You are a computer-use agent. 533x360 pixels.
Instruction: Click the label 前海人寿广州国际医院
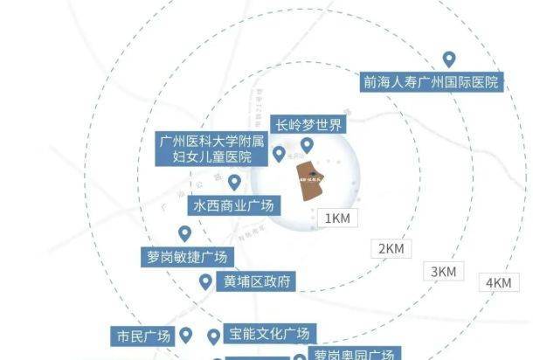431,83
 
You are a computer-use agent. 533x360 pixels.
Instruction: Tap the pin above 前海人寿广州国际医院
449,59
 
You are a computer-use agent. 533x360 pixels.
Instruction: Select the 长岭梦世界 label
307,125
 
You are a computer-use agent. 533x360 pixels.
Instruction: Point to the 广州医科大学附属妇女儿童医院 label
211,149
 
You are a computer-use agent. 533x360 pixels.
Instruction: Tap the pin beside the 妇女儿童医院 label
279,155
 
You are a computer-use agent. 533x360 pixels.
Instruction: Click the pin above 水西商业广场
234,183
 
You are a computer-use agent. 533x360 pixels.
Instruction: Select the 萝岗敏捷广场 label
189,257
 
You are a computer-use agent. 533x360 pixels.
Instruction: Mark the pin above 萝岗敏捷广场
184,233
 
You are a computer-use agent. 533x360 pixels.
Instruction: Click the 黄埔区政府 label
258,281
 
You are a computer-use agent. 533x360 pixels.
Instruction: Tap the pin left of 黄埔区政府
205,281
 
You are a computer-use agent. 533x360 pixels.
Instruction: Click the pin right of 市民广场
185,335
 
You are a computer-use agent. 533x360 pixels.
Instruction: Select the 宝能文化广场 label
269,334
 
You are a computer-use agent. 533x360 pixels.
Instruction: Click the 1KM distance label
337,218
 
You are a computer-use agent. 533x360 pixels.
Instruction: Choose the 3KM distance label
444,272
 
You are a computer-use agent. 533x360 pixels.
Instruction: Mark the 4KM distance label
499,282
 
